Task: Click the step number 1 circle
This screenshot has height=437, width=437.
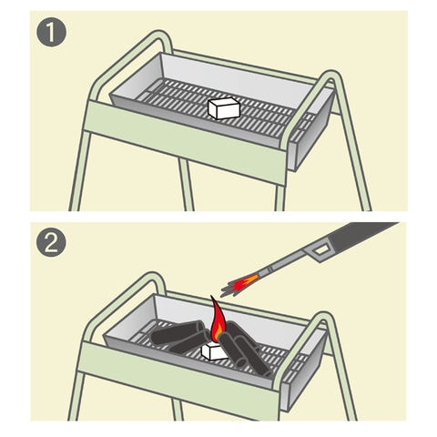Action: [51, 32]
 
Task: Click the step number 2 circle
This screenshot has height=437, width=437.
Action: [51, 242]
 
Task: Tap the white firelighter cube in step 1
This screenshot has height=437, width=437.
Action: [224, 108]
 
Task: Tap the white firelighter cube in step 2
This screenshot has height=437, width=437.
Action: [214, 351]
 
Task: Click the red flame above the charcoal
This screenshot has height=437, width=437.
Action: [217, 321]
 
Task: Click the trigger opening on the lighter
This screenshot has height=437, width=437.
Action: [320, 250]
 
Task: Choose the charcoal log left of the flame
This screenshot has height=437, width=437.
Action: [179, 335]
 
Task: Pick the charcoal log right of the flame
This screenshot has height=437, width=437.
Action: [243, 349]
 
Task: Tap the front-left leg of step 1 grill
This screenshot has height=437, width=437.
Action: [79, 170]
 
